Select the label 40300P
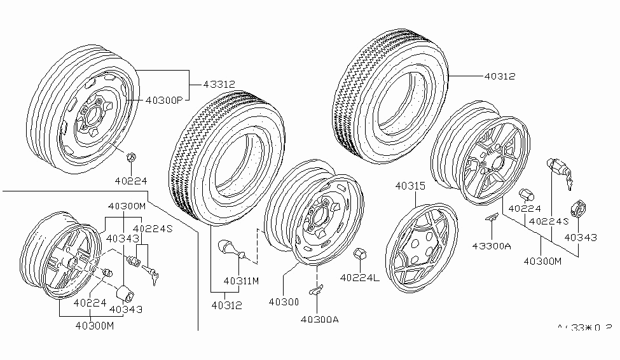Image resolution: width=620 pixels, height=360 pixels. point(164,100)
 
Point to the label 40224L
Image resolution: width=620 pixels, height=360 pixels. point(360,277)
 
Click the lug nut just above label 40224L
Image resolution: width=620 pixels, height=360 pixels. point(359,253)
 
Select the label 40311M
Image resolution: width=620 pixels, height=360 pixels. point(242,280)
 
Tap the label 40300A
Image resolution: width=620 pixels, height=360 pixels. point(319,319)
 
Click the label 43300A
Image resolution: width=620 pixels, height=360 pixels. point(490,246)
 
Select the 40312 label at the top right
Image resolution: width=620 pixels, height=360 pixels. point(500,76)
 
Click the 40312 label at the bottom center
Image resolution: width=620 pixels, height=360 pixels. point(227,305)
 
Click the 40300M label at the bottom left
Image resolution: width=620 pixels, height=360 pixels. point(95,326)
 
